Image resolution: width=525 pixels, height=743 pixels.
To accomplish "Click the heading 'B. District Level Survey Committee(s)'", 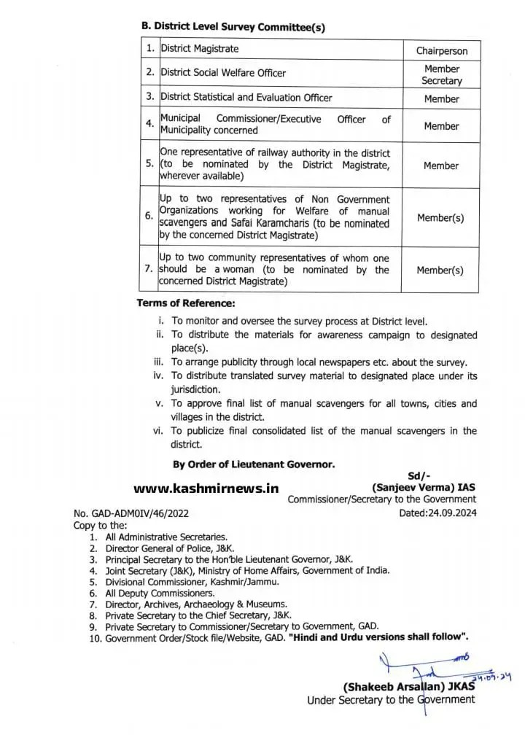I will [233, 26].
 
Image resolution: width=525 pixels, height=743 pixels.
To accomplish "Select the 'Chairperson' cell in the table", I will [441, 51].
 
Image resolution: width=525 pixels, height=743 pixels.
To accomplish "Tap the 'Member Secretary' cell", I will [441, 74].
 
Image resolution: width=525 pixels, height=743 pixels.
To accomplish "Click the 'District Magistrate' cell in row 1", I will [199, 49].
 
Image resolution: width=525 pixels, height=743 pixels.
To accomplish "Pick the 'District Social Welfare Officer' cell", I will [222, 73].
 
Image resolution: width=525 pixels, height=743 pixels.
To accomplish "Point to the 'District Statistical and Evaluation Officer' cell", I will [246, 97].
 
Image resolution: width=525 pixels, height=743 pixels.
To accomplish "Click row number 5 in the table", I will [149, 165].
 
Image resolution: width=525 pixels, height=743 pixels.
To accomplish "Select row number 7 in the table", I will [149, 269].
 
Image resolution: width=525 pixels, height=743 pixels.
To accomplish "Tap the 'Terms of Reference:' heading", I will [186, 303].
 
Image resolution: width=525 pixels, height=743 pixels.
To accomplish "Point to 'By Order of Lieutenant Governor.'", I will [253, 464].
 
